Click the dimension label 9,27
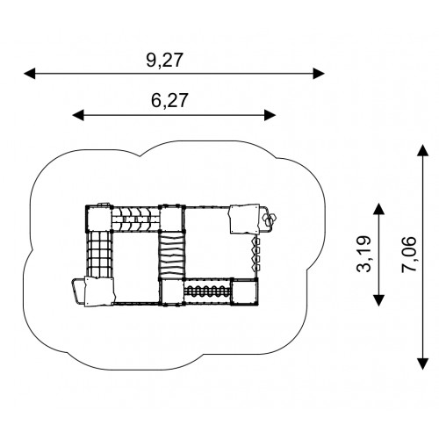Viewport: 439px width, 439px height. [x=164, y=61]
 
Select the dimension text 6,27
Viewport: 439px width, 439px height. [x=169, y=101]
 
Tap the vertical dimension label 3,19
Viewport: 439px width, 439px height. [x=363, y=254]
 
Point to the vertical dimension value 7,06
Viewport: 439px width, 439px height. [x=408, y=254]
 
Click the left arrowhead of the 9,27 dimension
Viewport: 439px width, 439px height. [x=30, y=74]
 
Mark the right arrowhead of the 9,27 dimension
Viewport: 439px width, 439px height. [x=319, y=74]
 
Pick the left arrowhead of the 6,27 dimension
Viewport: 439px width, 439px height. [x=78, y=115]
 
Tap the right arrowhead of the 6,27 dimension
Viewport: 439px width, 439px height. [x=270, y=115]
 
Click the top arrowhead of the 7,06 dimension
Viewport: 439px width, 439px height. [x=422, y=150]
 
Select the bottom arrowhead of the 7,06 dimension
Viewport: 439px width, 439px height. [x=422, y=363]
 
